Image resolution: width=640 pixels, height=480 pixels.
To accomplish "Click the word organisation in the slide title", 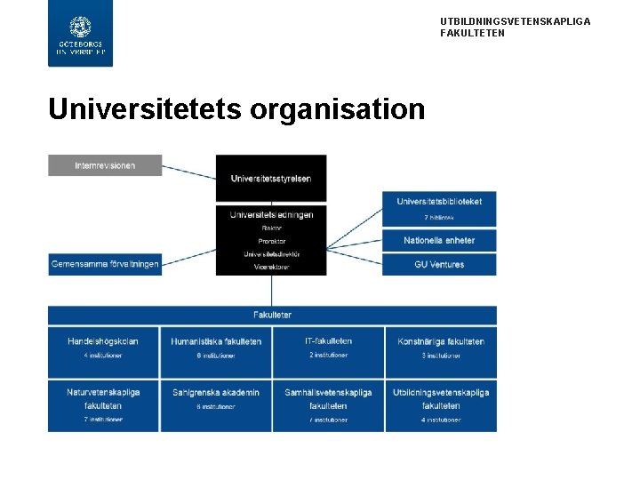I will pos(338,108).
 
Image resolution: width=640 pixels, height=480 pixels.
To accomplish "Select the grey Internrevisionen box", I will pos(105,165).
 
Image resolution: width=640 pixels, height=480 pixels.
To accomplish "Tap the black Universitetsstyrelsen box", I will pos(271,178).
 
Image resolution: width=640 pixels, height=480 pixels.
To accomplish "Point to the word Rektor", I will pos(271,228).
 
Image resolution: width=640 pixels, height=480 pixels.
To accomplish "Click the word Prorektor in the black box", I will pos(271,241).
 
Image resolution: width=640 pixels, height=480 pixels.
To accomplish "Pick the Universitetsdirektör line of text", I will pos(271,253).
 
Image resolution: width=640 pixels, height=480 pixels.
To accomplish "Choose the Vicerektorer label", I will pos(271,266).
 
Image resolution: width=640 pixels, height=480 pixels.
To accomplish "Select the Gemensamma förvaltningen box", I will pos(105,264).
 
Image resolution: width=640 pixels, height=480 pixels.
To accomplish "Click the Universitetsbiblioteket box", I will pos(439,207).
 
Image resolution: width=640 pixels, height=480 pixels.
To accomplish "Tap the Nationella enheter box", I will pos(439,240).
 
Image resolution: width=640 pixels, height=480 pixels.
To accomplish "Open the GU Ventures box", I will pos(439,264).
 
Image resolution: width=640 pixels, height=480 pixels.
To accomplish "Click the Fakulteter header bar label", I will pos(272,315).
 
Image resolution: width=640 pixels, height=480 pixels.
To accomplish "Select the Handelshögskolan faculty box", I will pos(104,348).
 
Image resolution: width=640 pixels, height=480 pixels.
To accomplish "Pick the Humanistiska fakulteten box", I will pos(216,348).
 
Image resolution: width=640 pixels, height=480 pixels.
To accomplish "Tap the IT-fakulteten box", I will pos(328,348).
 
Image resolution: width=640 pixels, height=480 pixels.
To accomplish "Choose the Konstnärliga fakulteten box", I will pos(441,348).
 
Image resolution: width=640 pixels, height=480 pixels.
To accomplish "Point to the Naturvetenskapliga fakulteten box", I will pos(104,405).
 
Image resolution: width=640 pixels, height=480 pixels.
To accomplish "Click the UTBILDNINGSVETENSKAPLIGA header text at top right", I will pos(515,21).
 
